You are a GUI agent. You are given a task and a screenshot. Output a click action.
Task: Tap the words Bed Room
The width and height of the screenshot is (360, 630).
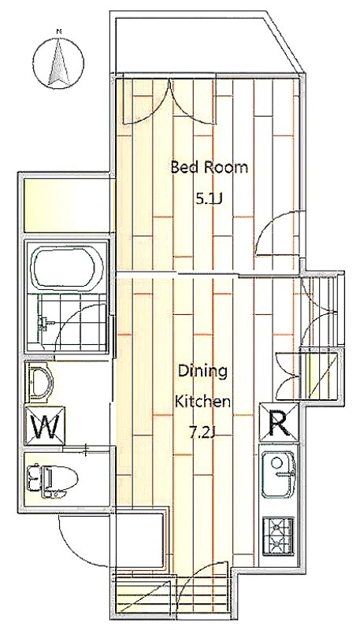coord(210,167)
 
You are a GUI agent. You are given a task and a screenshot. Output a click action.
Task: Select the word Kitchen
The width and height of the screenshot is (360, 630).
coord(204,401)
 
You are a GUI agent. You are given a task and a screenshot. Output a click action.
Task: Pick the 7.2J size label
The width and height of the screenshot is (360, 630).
coord(203,432)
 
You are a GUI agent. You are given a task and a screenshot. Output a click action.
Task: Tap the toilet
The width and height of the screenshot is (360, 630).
coord(52,478)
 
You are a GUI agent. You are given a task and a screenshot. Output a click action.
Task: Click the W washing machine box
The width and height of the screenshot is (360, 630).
coord(45,426)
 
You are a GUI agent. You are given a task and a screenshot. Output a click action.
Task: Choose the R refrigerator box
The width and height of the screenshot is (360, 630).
coord(279,422)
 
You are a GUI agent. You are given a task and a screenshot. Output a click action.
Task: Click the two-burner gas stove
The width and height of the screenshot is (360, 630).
coord(278,537)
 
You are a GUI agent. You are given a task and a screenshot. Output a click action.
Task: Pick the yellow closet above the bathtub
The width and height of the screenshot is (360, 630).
coord(67,206)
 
